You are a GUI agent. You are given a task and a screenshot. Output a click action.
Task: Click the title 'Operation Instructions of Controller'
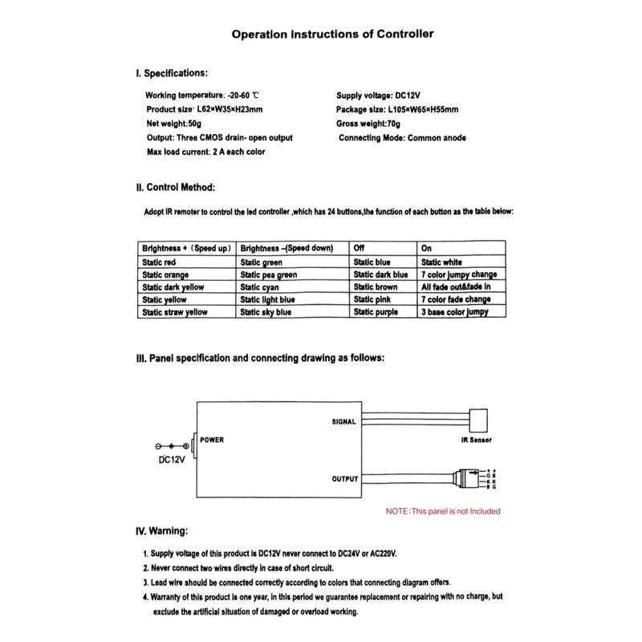click(332, 35)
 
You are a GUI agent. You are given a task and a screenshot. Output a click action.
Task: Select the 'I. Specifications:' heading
click(172, 74)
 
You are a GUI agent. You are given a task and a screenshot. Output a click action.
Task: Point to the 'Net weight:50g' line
click(174, 124)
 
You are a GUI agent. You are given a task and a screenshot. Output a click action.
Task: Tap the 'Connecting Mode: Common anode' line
click(402, 138)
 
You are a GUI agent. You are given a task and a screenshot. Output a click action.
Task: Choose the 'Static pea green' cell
click(269, 274)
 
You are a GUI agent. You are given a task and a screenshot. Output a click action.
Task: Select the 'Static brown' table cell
click(376, 286)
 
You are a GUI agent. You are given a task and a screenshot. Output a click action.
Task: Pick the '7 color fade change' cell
click(456, 299)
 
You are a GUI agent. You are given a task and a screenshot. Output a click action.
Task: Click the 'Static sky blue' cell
click(266, 311)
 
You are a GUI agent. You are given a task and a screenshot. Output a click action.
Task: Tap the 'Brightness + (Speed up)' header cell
click(186, 248)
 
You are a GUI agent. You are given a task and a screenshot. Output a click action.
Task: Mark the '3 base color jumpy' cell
click(454, 311)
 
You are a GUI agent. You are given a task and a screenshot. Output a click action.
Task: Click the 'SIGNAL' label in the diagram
click(345, 421)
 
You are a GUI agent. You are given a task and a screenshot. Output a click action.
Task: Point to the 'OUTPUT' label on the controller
click(345, 479)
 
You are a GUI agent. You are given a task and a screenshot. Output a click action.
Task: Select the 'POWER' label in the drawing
click(211, 440)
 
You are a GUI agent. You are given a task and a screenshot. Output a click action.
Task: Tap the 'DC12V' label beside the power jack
click(171, 460)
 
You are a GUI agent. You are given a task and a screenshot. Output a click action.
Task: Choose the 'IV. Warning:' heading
click(163, 531)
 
